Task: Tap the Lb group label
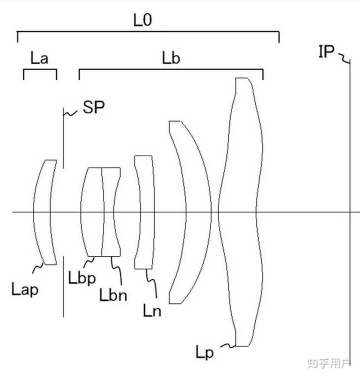pos(171,58)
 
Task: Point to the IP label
pos(326,51)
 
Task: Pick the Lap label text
pos(24,289)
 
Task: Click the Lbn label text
pos(113,294)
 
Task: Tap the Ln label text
pos(152,310)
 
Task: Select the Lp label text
pos(204,352)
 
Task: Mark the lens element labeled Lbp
pos(92,212)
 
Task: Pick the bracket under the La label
pos(40,70)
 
